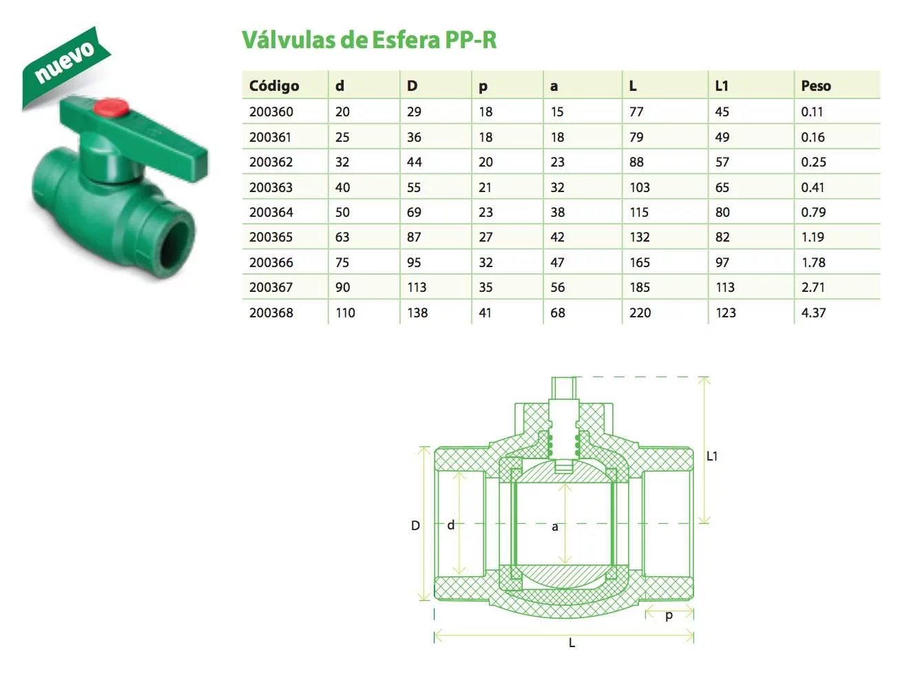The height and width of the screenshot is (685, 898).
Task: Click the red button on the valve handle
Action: coord(110,107)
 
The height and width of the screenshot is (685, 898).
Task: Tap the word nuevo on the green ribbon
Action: coord(64,62)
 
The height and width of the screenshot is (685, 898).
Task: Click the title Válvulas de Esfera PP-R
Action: coord(369,40)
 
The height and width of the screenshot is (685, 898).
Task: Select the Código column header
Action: coord(273,86)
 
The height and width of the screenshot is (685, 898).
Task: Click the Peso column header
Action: coord(816,86)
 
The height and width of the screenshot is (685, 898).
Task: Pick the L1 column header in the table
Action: coord(722,86)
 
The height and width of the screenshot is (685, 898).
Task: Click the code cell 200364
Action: coord(271,212)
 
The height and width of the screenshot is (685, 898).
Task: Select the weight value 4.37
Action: coord(813,313)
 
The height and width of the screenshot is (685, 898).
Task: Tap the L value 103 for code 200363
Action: coord(640,187)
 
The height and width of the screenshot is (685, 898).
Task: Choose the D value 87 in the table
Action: coord(414,238)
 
